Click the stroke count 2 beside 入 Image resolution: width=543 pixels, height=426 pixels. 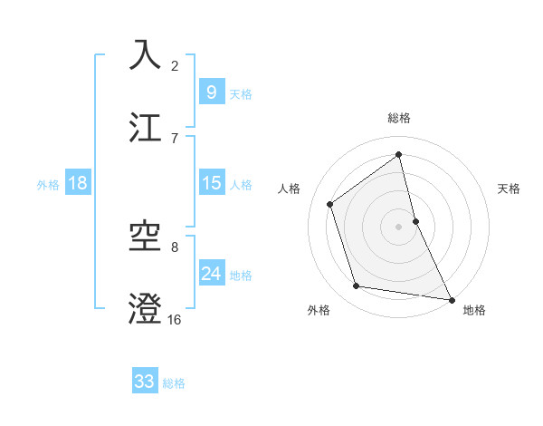point(175,65)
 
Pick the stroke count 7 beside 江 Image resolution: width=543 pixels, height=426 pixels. point(175,138)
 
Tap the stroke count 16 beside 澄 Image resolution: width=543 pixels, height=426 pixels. point(174,320)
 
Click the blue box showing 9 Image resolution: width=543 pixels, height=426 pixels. point(211,92)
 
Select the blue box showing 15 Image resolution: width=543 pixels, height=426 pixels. point(211,183)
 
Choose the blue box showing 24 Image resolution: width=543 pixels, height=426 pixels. point(211,274)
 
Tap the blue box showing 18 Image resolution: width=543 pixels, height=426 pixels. point(78,183)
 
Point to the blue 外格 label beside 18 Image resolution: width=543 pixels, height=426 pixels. point(48,184)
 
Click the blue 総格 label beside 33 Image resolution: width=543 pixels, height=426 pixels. point(174,382)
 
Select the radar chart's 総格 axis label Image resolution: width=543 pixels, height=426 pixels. point(399,118)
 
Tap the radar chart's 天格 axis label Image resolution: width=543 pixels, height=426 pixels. point(510,189)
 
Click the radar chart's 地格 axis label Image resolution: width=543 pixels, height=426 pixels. point(474,310)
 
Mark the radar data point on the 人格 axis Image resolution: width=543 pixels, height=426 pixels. point(330,204)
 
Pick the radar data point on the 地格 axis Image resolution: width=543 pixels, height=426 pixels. point(451,298)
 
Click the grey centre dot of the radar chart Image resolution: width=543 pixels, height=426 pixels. point(399,226)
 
